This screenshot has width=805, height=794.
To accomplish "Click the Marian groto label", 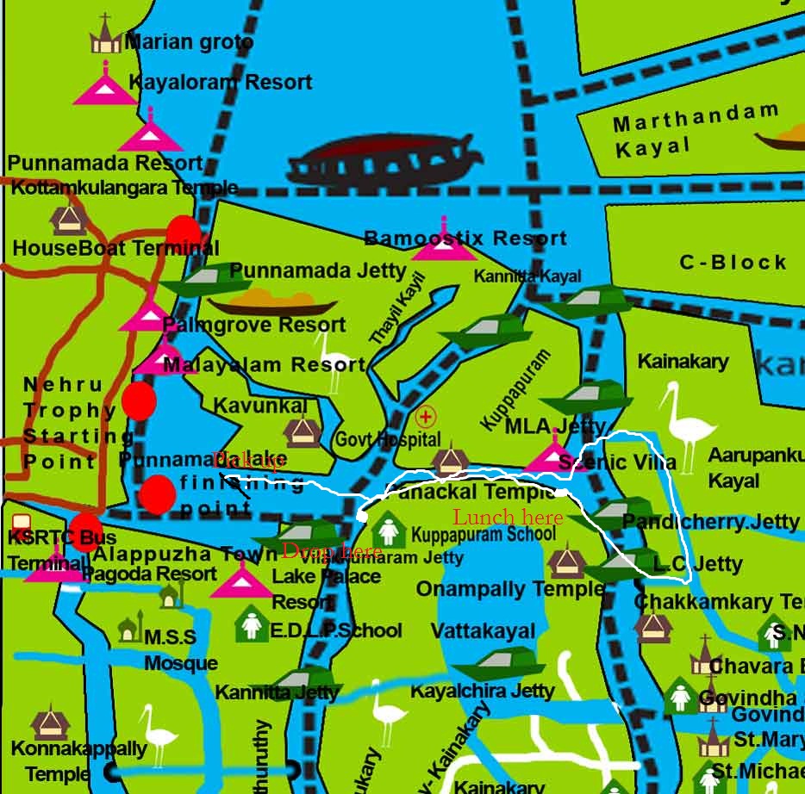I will coord(189,41).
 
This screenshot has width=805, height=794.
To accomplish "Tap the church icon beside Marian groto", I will coord(105,35).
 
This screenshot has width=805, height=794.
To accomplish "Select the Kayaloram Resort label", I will coord(220,83).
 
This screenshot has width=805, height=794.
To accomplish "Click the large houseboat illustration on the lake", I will coord(385,160).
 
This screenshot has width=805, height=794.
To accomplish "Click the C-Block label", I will coord(733,263).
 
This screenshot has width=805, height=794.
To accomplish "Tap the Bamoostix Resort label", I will coord(465,239).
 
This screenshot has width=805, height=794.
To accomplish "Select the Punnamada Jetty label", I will coord(318,270).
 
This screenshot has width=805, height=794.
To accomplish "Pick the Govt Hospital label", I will coord(388,439).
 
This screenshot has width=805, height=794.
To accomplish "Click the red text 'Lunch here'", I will coord(508,518).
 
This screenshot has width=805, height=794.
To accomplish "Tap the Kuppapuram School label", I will coord(484,534).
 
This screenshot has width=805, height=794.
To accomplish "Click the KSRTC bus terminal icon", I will coord(21,524).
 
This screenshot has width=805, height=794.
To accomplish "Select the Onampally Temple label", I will coord(510,589).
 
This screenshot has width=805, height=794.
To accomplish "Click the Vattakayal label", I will coord(483,631).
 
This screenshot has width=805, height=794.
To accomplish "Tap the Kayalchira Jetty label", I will coord(483,691).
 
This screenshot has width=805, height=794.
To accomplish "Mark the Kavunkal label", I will coord(259,406).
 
